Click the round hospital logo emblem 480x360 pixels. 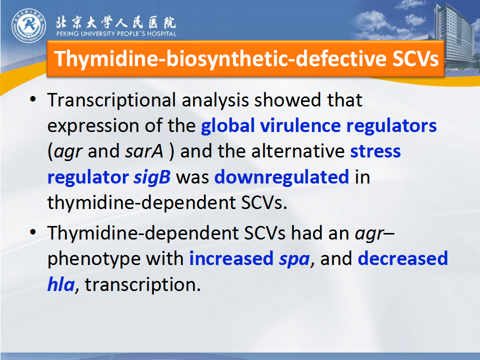(29, 25)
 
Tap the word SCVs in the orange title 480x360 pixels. (415, 58)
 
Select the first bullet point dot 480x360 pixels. (33, 99)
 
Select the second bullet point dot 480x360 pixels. (33, 231)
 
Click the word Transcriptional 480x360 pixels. (111, 100)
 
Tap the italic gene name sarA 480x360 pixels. (144, 151)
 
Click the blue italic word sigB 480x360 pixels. (152, 177)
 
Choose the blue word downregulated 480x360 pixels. (281, 177)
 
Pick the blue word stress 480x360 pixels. (375, 151)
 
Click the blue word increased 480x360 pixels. (231, 258)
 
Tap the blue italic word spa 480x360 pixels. (294, 260)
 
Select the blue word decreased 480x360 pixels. (403, 258)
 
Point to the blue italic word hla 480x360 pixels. (61, 284)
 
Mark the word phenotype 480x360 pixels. (93, 259)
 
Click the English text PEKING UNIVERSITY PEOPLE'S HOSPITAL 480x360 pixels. (116, 33)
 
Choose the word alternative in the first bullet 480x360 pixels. (298, 151)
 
